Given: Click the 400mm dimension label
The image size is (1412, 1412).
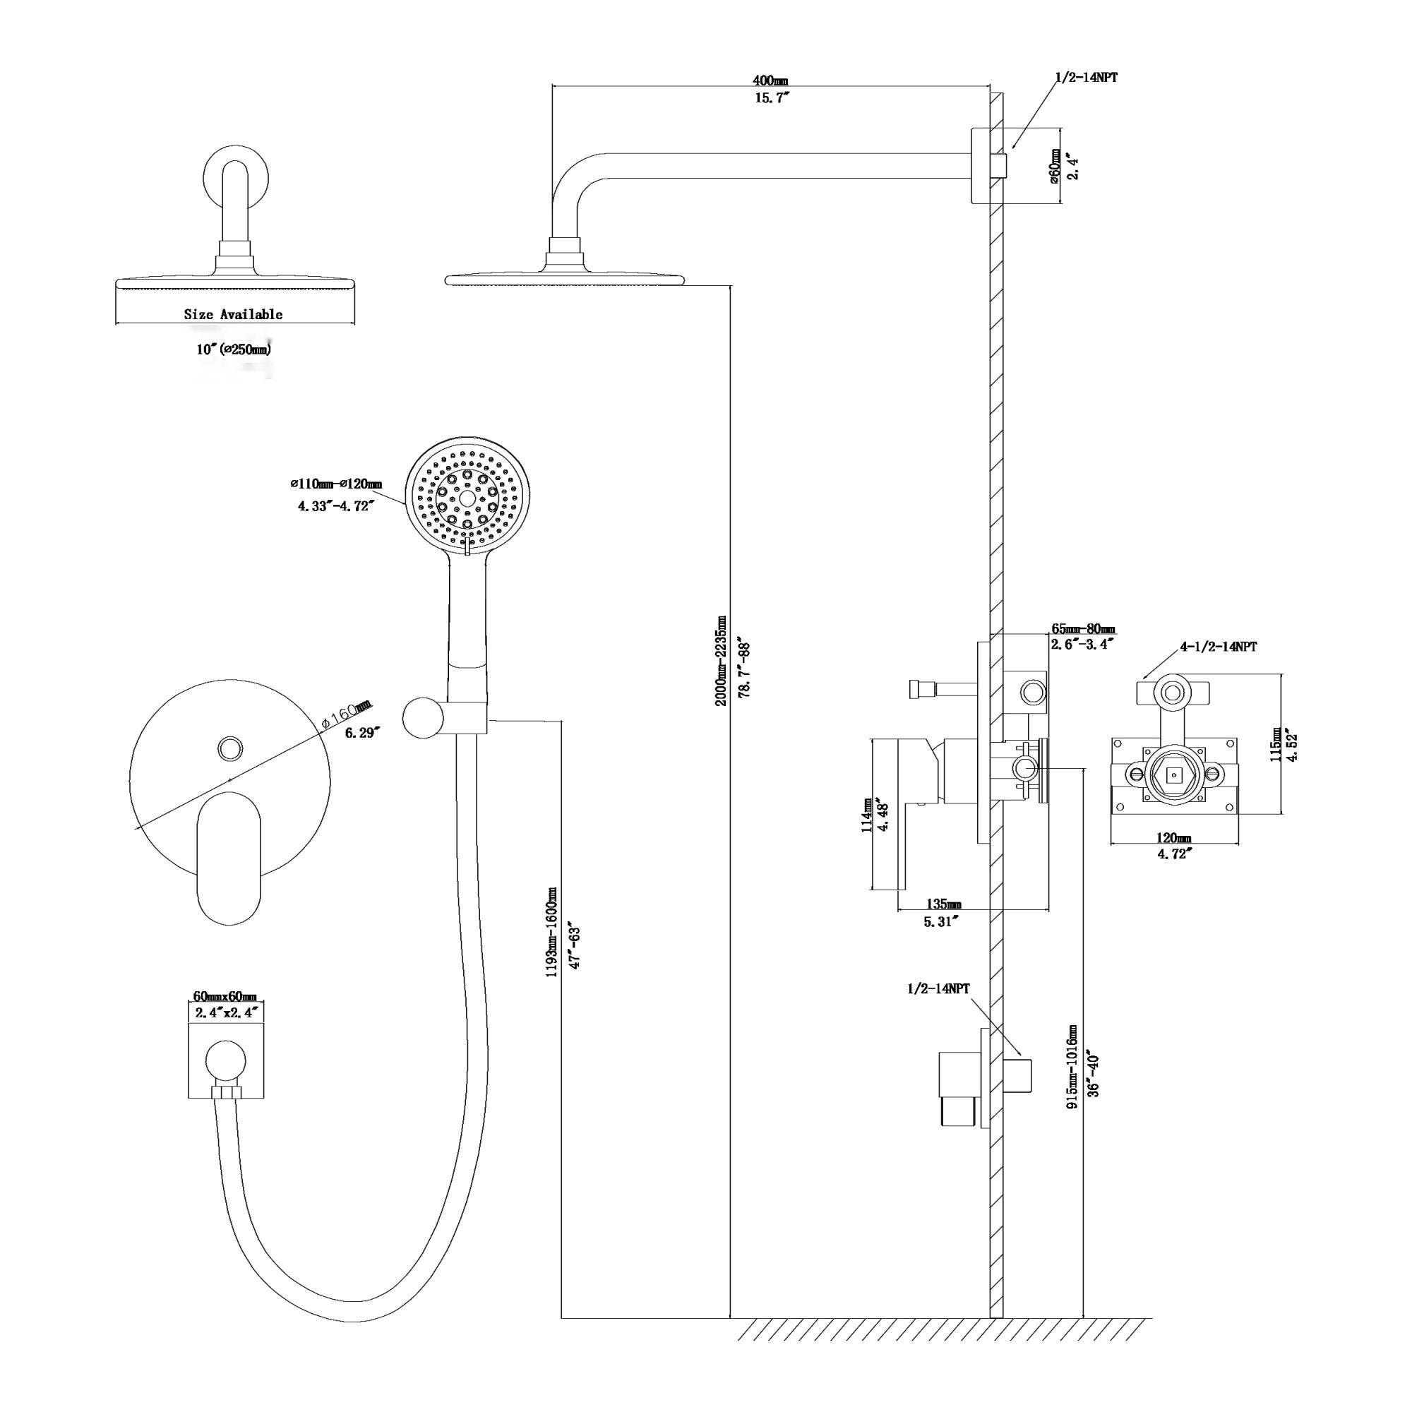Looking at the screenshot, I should tap(770, 80).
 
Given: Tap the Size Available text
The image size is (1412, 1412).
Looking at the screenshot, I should tap(233, 314).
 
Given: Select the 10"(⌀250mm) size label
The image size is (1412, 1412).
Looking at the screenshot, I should tap(233, 349).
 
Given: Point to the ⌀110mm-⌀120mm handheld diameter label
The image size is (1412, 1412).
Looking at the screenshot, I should tap(335, 484).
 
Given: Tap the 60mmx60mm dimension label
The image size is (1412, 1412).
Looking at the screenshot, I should tap(225, 997).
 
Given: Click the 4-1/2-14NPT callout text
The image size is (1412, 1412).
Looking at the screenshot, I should tap(1219, 647).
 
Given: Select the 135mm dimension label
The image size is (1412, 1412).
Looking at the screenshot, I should tap(943, 904).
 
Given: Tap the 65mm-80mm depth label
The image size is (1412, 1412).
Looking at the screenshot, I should tap(1083, 628).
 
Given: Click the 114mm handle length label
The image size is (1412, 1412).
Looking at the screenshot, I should tap(867, 815).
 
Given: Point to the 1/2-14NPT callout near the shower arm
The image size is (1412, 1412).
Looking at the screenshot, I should tap(1085, 78).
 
